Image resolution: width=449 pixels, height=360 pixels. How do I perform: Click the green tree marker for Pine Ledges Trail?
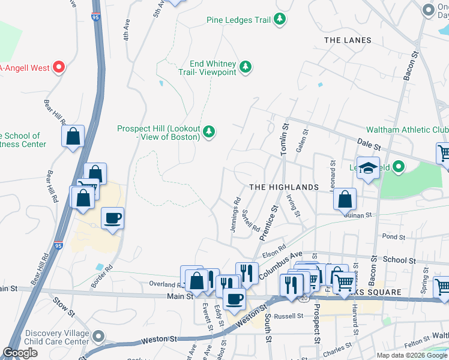(279, 20)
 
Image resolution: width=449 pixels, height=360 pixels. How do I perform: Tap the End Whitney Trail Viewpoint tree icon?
(246, 67)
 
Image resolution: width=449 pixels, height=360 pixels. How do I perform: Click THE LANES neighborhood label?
(348, 40)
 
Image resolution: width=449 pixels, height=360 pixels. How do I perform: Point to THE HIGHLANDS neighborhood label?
(283, 187)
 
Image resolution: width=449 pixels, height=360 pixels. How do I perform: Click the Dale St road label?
(369, 146)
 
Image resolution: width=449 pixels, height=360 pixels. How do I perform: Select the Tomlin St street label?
(286, 139)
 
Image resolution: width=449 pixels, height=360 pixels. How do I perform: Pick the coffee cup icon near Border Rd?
(112, 218)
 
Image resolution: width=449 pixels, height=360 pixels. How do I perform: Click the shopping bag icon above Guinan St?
(345, 199)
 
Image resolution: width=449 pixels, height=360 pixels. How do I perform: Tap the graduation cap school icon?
(369, 168)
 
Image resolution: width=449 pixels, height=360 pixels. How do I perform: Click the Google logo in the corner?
(20, 353)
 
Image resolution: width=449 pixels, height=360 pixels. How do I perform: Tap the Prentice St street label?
(268, 223)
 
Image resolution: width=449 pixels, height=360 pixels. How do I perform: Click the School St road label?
(399, 260)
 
